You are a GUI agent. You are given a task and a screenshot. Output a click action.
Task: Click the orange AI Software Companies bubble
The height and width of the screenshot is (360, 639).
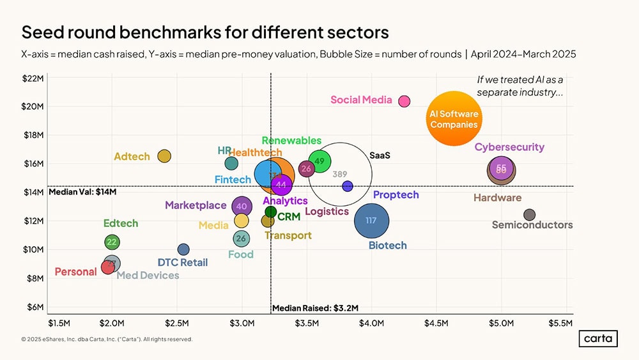click(x=454, y=119)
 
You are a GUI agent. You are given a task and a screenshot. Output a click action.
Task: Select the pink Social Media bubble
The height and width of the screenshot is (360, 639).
click(x=404, y=101)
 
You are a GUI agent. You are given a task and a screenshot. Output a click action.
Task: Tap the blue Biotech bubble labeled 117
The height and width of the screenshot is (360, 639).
click(x=371, y=221)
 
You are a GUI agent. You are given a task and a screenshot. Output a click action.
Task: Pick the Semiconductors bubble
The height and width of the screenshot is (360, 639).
click(x=529, y=215)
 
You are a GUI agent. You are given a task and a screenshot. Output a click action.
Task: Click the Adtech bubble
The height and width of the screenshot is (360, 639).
click(x=164, y=156)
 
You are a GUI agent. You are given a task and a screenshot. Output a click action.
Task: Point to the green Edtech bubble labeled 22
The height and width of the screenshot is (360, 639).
click(x=112, y=242)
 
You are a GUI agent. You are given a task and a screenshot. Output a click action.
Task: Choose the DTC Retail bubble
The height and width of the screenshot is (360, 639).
click(x=183, y=249)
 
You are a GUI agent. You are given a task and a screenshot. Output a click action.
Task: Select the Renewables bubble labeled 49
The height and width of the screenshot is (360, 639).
click(x=319, y=161)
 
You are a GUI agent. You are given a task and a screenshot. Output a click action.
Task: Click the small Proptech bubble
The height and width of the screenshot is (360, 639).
click(x=348, y=186)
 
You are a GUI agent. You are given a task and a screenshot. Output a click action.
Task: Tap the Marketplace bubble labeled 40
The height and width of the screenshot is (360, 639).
click(x=241, y=206)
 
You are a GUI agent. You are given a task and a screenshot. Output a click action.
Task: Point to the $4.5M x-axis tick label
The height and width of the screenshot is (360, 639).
click(x=436, y=323)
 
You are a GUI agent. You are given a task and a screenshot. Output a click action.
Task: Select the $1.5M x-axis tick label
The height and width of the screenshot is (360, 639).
click(x=59, y=323)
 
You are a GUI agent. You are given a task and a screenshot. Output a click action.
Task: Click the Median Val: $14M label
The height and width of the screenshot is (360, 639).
click(x=79, y=192)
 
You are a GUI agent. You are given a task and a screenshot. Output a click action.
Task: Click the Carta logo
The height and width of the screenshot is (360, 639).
click(x=599, y=339)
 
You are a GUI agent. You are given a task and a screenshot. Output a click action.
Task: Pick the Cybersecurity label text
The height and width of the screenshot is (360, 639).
click(x=509, y=148)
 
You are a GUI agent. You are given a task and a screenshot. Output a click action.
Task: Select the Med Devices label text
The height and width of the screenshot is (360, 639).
click(x=148, y=276)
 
